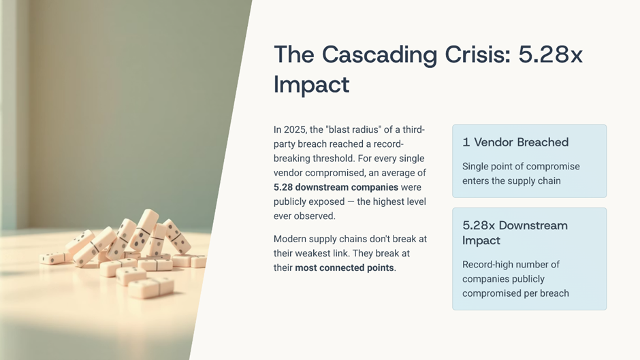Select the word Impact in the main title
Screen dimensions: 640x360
(x=311, y=84)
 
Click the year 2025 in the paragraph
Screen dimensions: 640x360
(x=294, y=130)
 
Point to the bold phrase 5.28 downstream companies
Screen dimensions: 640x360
(x=336, y=187)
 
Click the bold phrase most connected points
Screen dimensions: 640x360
(x=345, y=267)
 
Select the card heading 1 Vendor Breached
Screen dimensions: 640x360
(x=515, y=142)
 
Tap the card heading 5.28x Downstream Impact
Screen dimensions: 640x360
(x=515, y=233)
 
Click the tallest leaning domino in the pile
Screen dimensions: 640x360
(x=144, y=230)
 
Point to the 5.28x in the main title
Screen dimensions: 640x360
(x=550, y=54)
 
